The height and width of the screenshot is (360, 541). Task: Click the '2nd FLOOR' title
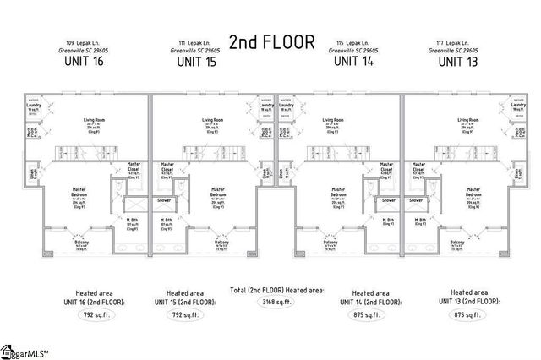click(x=271, y=42)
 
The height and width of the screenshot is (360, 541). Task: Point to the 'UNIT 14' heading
click(x=350, y=61)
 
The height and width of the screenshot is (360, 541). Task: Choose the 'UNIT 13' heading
click(x=460, y=61)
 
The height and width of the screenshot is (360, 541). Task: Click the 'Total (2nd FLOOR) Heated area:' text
click(x=271, y=289)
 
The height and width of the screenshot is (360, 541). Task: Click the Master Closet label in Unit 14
click(x=385, y=167)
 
